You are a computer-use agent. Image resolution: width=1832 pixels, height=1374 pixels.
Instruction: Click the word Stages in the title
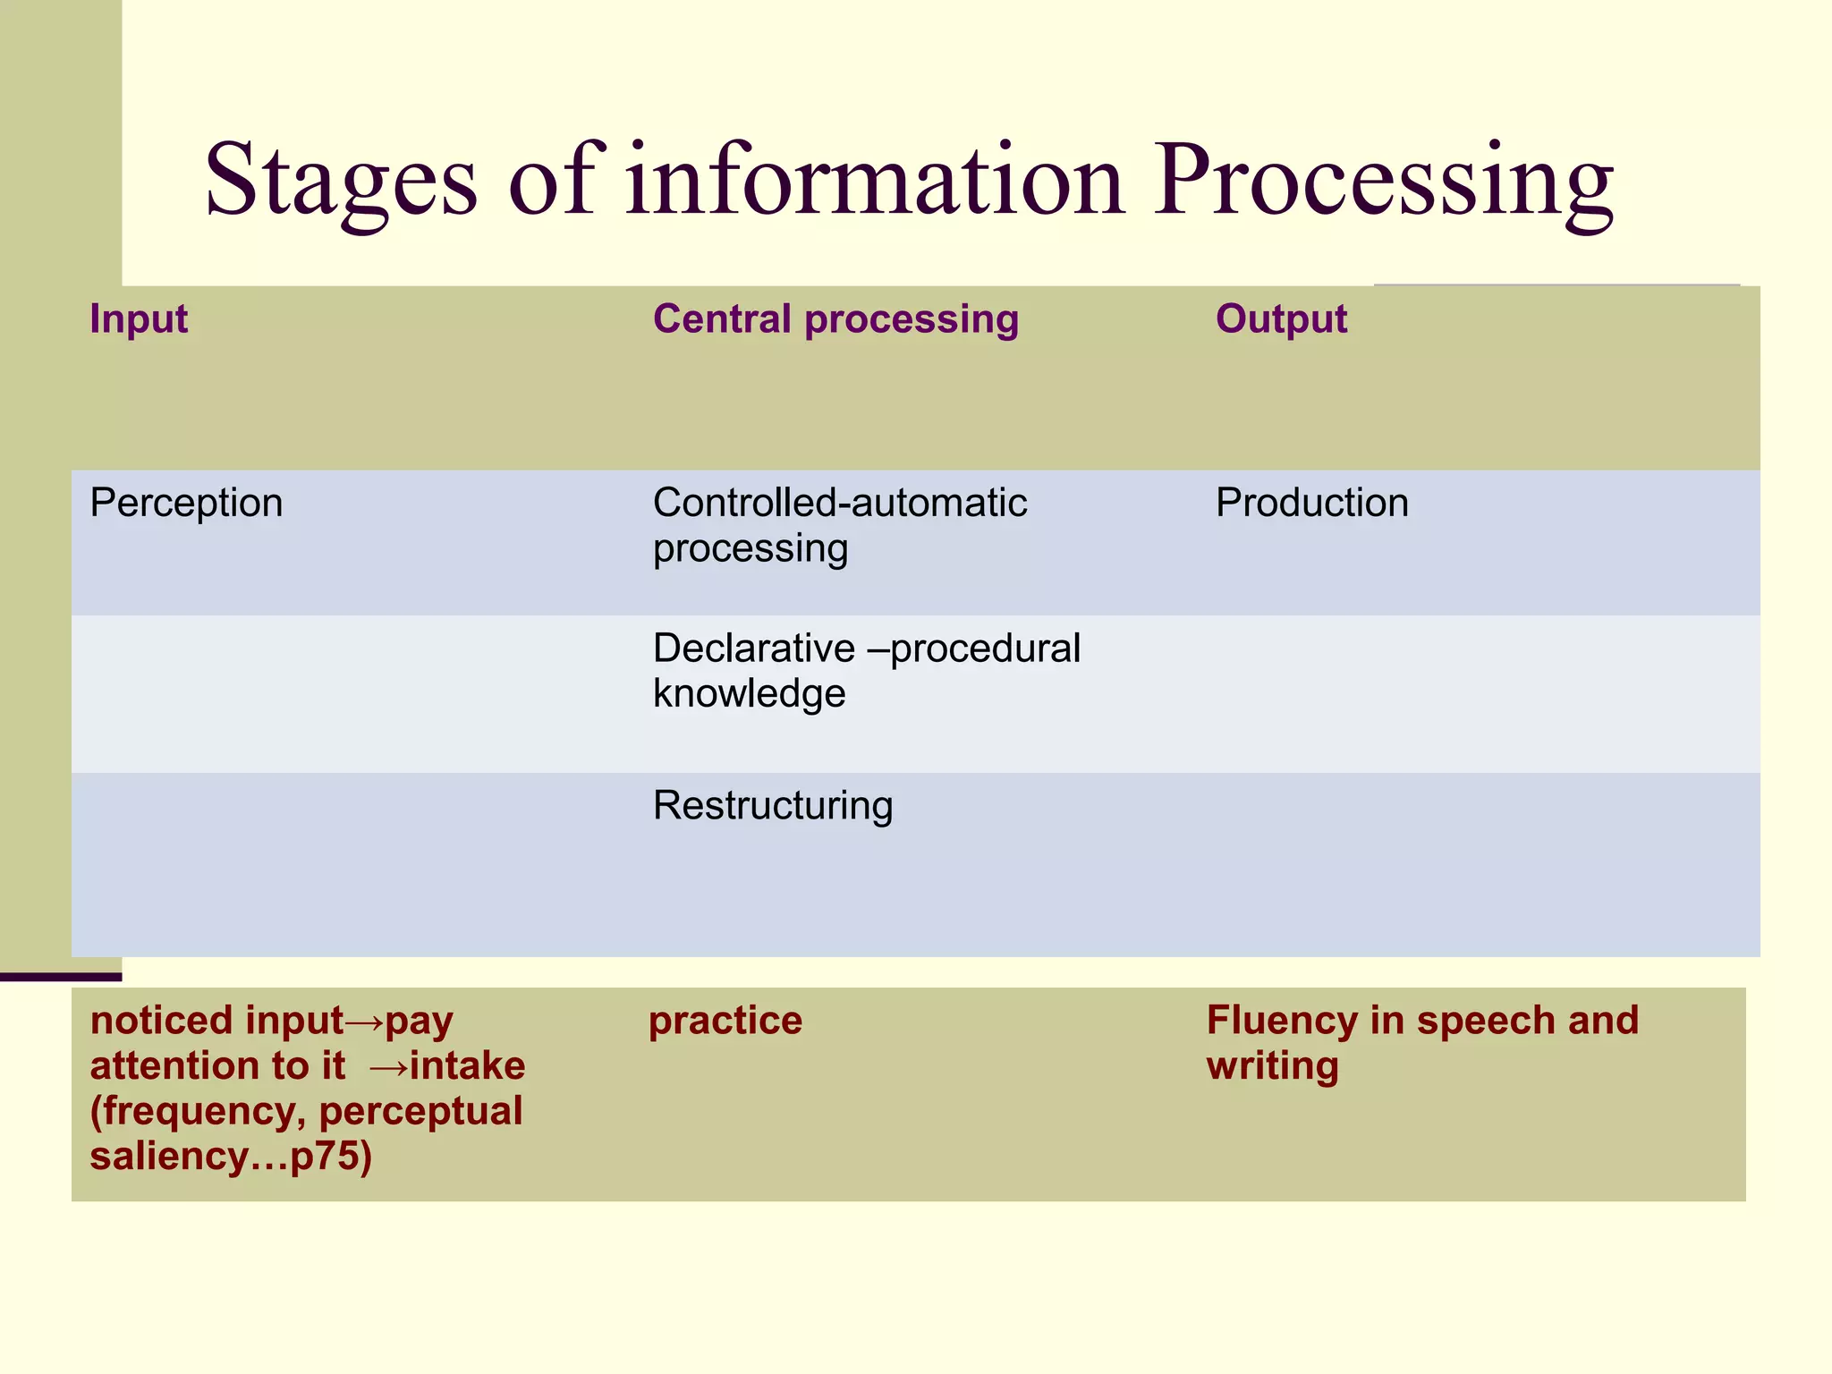(x=341, y=182)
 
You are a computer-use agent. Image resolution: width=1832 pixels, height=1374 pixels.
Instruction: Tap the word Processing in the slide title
(x=1383, y=182)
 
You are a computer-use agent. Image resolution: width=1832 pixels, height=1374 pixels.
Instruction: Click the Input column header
(x=139, y=319)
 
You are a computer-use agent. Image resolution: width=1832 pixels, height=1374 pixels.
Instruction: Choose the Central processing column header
(x=835, y=319)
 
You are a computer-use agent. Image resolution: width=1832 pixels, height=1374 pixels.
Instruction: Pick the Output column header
(x=1281, y=319)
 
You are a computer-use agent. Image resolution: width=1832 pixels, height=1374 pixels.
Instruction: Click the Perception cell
(x=186, y=504)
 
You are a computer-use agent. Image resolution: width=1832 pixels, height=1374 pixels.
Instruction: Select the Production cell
(x=1311, y=503)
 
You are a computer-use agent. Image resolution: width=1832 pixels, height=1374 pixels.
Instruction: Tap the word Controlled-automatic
(x=839, y=503)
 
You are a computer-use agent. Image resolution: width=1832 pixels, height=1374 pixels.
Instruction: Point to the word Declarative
(x=754, y=649)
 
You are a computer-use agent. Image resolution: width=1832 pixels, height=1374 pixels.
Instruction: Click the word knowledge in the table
(x=749, y=694)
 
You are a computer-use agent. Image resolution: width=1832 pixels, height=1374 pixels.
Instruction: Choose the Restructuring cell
(x=773, y=806)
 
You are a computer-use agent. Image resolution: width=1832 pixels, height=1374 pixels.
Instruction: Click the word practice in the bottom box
(x=725, y=1021)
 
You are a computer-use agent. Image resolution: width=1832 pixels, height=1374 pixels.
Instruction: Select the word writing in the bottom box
(x=1272, y=1066)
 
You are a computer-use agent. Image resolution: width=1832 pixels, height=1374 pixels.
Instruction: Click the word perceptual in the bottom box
(x=420, y=1112)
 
